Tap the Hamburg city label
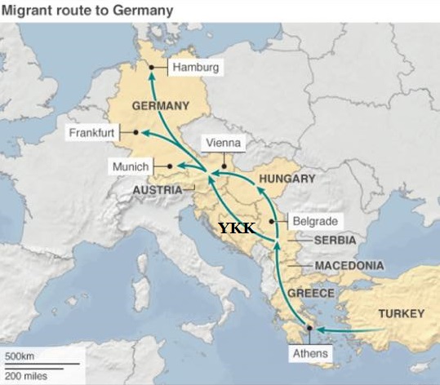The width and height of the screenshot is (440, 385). click(196, 69)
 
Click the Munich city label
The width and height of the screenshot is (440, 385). click(131, 166)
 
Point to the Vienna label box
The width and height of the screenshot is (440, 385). click(223, 143)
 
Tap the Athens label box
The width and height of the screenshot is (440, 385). click(310, 353)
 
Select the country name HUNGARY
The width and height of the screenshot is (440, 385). click(287, 179)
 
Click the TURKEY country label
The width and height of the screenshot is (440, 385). click(400, 314)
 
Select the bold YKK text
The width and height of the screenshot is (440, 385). click(236, 229)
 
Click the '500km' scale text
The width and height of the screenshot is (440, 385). click(20, 357)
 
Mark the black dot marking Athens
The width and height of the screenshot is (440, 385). click(309, 329)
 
